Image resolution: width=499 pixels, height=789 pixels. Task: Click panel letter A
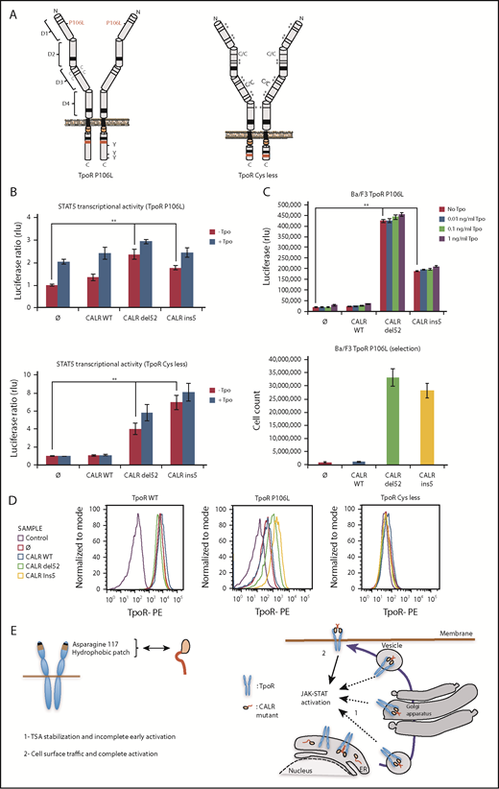pyautogui.click(x=8, y=9)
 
